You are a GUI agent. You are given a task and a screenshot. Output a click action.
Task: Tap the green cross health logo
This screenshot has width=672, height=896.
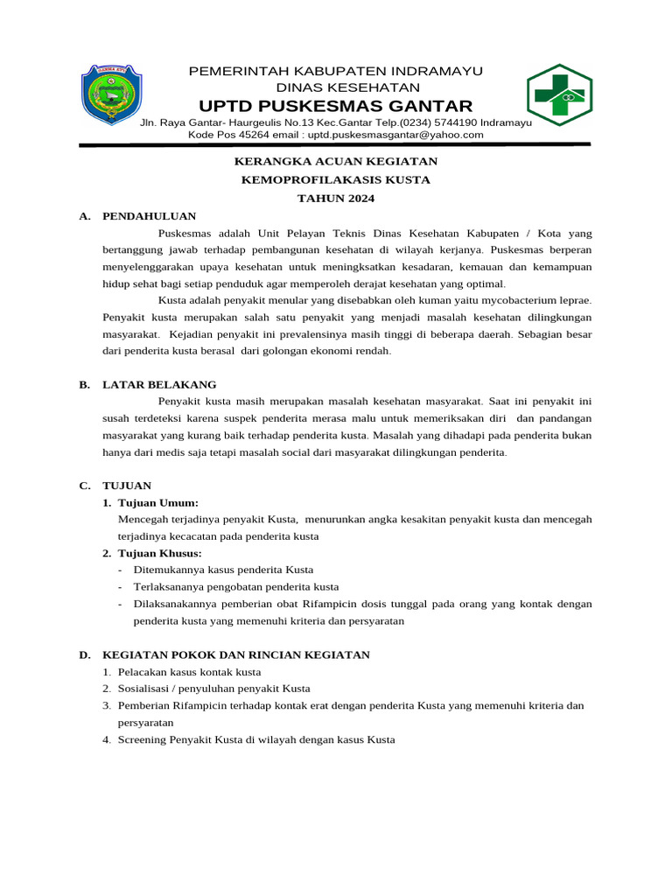click(559, 95)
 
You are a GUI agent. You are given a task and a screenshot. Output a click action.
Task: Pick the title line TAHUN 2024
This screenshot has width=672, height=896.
click(335, 199)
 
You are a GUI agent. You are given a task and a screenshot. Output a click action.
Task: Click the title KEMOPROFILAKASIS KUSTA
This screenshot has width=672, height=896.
click(335, 180)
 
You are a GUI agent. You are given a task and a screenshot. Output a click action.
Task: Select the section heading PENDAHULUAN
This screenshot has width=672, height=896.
click(149, 216)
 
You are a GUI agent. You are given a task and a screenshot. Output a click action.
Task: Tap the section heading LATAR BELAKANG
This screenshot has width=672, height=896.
click(159, 384)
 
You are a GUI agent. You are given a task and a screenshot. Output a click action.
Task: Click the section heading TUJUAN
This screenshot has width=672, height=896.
click(127, 485)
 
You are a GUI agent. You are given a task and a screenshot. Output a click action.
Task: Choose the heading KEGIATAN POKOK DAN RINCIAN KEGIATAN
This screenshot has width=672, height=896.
click(236, 654)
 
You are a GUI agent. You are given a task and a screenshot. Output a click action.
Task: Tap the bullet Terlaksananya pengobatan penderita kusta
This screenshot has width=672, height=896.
click(235, 586)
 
